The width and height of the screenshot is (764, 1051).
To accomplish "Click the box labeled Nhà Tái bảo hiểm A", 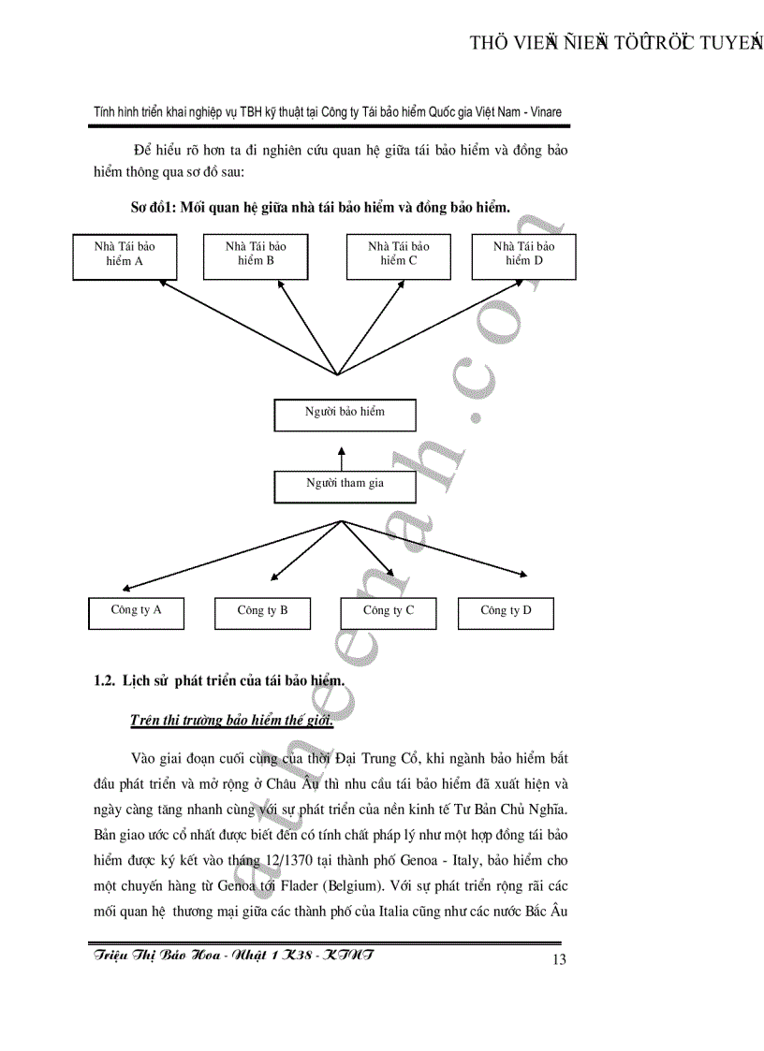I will click(125, 256).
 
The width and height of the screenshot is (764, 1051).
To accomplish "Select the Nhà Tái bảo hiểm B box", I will click(256, 256).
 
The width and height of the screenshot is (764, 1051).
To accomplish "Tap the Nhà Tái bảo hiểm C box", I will click(398, 256).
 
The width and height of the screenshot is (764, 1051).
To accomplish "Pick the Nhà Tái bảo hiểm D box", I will click(523, 256).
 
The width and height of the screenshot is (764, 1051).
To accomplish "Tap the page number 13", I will click(560, 958).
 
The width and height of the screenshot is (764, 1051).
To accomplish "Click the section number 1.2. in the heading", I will click(104, 681).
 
